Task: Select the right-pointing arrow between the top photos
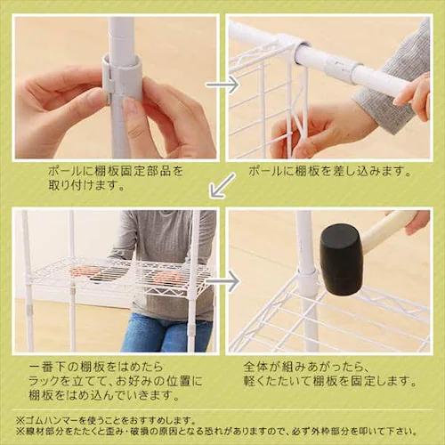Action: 222,85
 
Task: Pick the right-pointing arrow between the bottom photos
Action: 222,281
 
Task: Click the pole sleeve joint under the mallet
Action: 307,284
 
